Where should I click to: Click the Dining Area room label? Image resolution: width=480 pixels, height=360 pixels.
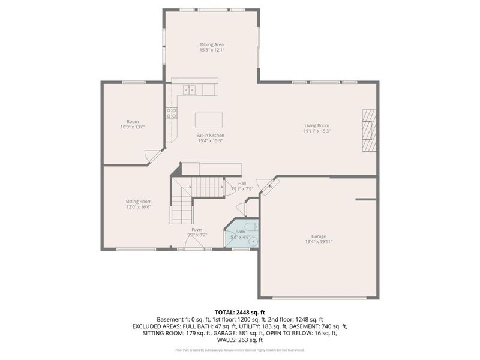(212, 44)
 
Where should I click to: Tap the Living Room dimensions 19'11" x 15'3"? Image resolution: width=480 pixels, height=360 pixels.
(317, 131)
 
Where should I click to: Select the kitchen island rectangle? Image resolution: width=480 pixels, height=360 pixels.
(208, 119)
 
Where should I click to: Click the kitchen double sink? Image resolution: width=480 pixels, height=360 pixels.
(190, 90)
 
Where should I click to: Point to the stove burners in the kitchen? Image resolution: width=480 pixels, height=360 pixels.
(171, 113)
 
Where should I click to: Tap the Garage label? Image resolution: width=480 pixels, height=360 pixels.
(318, 236)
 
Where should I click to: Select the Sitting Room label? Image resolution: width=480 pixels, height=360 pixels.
(138, 202)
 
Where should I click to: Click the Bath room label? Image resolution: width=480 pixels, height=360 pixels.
(240, 232)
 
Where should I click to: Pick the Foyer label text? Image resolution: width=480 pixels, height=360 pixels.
(197, 230)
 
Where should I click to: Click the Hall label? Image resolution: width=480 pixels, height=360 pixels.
(242, 184)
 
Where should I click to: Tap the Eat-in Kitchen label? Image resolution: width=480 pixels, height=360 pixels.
(210, 136)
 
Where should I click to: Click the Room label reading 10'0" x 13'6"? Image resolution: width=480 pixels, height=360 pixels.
(133, 127)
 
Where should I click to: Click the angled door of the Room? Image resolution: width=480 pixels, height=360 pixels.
(153, 156)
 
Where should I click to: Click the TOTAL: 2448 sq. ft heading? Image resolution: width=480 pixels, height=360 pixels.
(239, 313)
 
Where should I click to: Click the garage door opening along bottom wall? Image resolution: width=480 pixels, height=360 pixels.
(318, 298)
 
